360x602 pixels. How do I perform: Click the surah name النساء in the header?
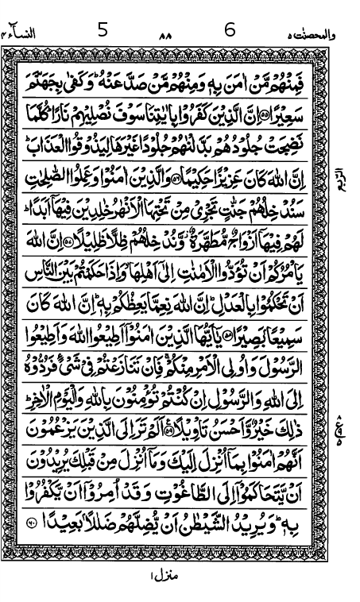point(23,35)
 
